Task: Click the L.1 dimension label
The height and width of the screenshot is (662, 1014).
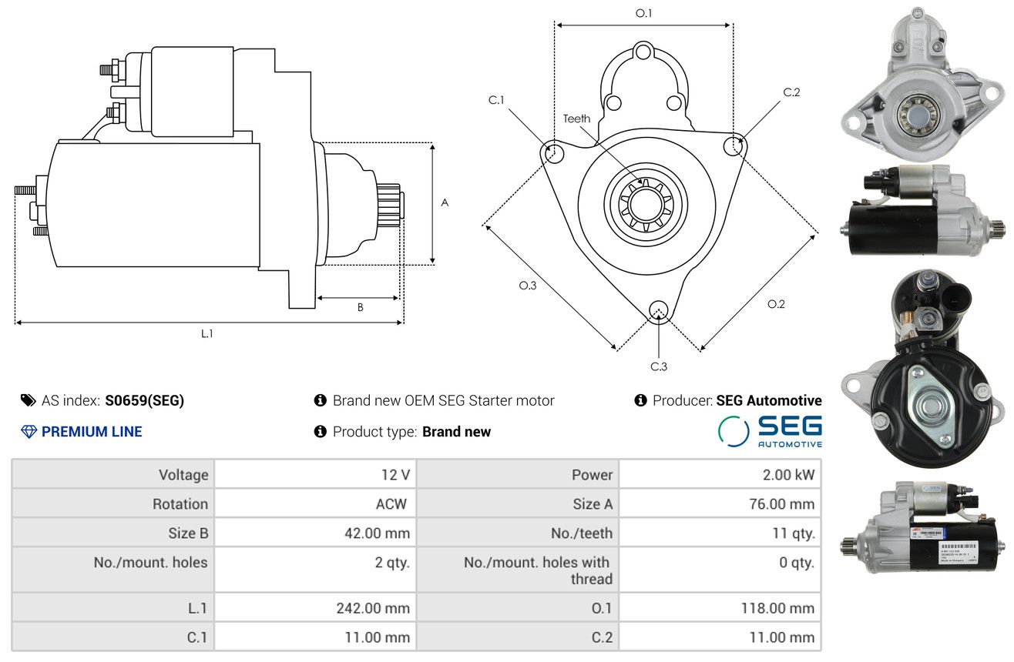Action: pos(206,333)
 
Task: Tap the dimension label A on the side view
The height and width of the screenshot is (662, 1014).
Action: pos(445,202)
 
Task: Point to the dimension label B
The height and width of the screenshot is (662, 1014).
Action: pos(360,307)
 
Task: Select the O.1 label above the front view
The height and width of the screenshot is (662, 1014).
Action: pos(643,13)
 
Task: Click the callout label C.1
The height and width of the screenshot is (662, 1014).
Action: pos(496,100)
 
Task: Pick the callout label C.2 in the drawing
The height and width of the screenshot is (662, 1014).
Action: pos(791,92)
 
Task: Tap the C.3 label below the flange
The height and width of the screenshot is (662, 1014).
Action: pos(658,366)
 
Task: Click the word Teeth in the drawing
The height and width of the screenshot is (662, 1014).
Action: pos(576,119)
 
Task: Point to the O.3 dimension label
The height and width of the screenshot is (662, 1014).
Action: pos(527,286)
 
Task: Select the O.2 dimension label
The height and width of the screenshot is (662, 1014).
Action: pos(776,304)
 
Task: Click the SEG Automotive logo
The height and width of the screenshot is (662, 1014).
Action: pos(770,431)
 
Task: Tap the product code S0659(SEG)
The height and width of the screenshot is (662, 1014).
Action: pos(145,400)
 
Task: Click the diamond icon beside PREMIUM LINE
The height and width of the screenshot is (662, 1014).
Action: pos(29,432)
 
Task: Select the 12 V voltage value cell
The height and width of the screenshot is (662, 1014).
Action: pos(395,474)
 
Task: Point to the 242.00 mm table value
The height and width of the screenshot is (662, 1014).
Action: pos(373,608)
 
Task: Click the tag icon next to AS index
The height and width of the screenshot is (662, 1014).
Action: pos(28,400)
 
